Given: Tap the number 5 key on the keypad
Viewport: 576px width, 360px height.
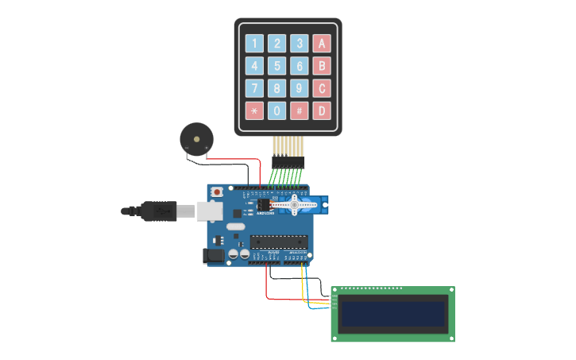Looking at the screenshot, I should tap(276, 66).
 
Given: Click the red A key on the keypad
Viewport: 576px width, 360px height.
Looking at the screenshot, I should tap(322, 44).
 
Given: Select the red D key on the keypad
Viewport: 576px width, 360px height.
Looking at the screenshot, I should tap(322, 110).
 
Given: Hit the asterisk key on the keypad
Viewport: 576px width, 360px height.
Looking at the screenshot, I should tap(254, 110).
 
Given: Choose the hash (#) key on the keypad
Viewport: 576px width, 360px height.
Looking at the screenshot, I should tap(299, 110).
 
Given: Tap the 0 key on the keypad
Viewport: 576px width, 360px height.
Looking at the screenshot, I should tap(276, 110).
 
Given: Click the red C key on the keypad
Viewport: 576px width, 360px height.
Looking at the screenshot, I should tap(322, 88).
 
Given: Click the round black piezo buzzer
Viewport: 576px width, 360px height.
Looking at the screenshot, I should tap(195, 138).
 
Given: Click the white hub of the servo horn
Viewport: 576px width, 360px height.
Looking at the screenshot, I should tap(294, 206).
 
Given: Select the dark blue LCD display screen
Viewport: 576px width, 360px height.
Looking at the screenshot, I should tap(392, 314).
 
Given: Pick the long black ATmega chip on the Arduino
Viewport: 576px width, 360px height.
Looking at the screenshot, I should tap(278, 242).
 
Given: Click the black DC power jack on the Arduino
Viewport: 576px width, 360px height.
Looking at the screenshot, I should tap(212, 255).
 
